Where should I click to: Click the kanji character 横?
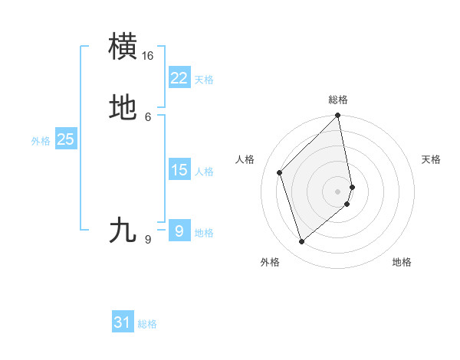pos(123,47)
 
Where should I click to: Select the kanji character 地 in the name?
pos(123,108)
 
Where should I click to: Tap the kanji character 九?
pos(123,231)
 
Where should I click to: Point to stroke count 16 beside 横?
pos(148,56)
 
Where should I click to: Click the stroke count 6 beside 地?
pos(148,116)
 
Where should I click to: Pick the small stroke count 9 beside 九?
pos(148,240)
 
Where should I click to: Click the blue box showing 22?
pos(179,78)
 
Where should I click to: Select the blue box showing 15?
pos(179,170)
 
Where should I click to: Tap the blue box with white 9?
pos(179,231)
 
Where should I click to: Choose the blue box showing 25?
pos(66,139)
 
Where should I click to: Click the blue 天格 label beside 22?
pos(204,80)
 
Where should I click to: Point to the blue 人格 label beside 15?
pos(204,172)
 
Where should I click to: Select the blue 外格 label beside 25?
pos(41,141)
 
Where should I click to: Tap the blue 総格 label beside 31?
pos(147,324)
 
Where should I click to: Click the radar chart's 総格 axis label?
pos(338,100)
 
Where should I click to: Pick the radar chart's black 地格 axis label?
pos(402,263)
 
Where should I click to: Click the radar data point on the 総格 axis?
pos(338,116)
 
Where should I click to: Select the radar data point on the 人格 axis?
pos(280,172)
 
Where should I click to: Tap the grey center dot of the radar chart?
pos(338,191)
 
